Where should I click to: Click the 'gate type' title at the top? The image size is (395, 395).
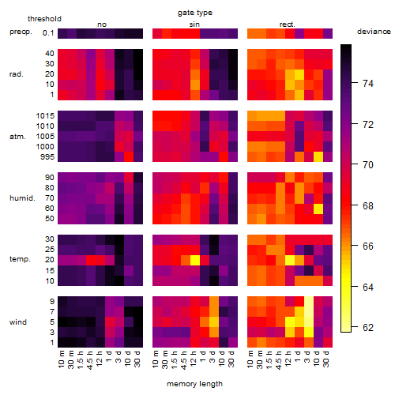[195, 13]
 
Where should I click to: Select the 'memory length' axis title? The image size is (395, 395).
[194, 384]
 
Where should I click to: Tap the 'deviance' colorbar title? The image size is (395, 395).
[374, 32]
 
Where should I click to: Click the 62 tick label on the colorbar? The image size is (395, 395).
[368, 328]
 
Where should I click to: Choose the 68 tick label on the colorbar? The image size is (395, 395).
[368, 205]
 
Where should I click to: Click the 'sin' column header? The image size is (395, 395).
[194, 24]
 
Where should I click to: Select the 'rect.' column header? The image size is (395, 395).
[288, 24]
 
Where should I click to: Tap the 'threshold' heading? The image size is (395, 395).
[44, 19]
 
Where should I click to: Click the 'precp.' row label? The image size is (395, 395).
[21, 32]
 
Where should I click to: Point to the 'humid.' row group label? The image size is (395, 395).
[22, 198]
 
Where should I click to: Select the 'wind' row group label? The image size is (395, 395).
[18, 322]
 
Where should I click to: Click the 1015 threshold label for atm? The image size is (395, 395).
[45, 116]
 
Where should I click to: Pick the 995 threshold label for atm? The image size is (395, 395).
[47, 157]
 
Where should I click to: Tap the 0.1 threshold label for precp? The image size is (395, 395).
[48, 33]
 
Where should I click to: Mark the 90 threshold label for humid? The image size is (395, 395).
[50, 178]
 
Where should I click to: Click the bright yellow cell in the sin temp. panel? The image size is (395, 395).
[195, 260]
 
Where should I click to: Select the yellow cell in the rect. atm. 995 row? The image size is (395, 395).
[318, 157]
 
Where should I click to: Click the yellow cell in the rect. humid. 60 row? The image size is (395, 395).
[318, 209]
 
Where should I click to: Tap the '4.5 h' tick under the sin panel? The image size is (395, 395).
[184, 360]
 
